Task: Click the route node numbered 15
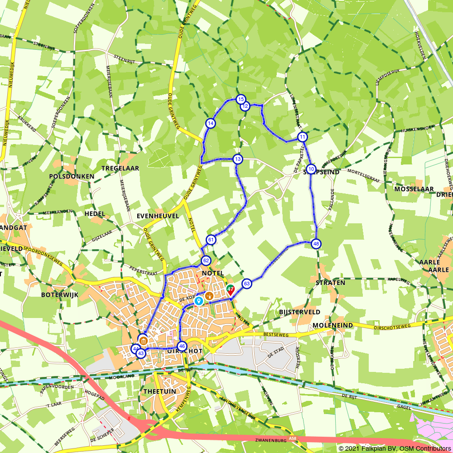pyautogui.click(x=241, y=99)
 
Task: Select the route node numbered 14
pyautogui.click(x=210, y=123)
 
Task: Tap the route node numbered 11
pyautogui.click(x=303, y=137)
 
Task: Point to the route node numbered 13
pyautogui.click(x=238, y=159)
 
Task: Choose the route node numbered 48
pyautogui.click(x=316, y=244)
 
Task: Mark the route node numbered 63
pyautogui.click(x=246, y=284)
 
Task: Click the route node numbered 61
pyautogui.click(x=211, y=240)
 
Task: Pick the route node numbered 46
pyautogui.click(x=182, y=346)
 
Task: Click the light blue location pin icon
pyautogui.click(x=198, y=301)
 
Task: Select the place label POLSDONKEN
pyautogui.click(x=72, y=176)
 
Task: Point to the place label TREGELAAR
pyautogui.click(x=120, y=168)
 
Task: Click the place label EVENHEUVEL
pyautogui.click(x=158, y=216)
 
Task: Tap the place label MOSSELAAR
pyautogui.click(x=414, y=189)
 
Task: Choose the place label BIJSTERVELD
pyautogui.click(x=300, y=312)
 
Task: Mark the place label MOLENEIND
pyautogui.click(x=333, y=326)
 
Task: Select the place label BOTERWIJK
pyautogui.click(x=60, y=294)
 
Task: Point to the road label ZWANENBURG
pyautogui.click(x=270, y=439)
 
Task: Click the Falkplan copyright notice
pyautogui.click(x=395, y=448)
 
